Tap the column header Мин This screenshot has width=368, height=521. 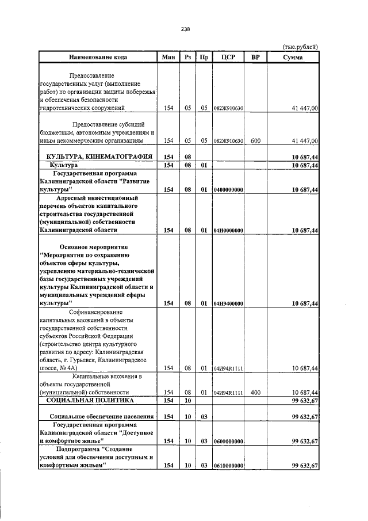pos(168,57)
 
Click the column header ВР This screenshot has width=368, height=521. pos(256,57)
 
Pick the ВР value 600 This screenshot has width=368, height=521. pos(256,140)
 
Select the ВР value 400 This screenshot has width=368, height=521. pos(256,392)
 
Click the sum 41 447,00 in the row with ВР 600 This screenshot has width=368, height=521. pos(302,140)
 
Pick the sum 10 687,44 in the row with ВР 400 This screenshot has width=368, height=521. pos(302,392)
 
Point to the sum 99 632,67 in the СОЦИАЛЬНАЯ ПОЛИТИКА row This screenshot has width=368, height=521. pos(302,400)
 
